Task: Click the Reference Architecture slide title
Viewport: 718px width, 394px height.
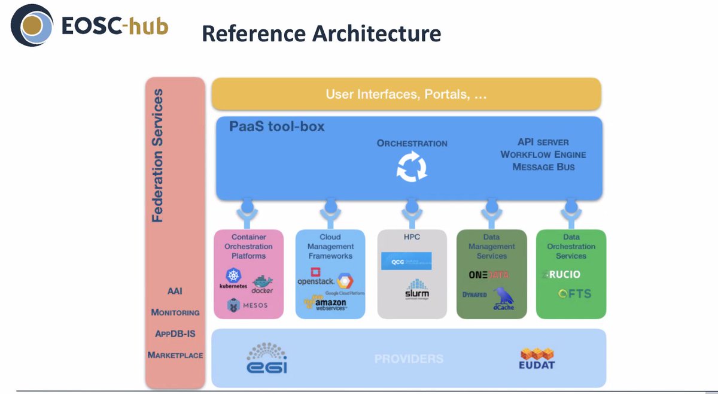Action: pos(321,34)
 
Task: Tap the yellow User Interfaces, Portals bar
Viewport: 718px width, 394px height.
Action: pos(406,94)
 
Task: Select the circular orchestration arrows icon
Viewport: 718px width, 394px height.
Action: pos(412,167)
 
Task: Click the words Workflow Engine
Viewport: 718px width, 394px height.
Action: pos(543,154)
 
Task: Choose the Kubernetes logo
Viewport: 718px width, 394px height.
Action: pos(233,279)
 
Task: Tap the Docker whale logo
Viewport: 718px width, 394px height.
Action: pos(262,284)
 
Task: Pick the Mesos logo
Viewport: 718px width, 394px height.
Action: pos(247,305)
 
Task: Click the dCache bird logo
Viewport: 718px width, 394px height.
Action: pos(503,299)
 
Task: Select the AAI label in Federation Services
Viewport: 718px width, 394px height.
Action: pos(175,292)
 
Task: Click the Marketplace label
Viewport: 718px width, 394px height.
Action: pos(175,355)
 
